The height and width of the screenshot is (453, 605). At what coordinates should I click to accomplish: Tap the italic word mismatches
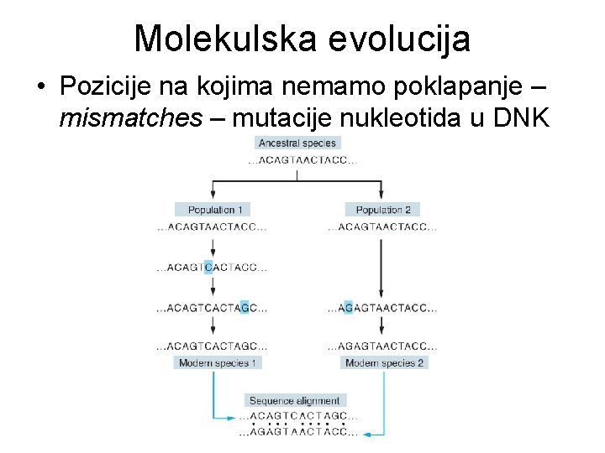pyautogui.click(x=130, y=119)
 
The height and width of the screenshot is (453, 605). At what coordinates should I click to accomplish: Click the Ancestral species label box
pyautogui.click(x=297, y=143)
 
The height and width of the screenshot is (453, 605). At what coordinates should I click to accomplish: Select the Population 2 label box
pyautogui.click(x=382, y=210)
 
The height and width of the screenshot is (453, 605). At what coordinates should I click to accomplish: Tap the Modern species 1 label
pyautogui.click(x=218, y=362)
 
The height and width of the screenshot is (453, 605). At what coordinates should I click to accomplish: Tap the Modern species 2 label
pyautogui.click(x=384, y=362)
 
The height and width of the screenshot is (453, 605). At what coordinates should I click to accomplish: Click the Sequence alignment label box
pyautogui.click(x=295, y=401)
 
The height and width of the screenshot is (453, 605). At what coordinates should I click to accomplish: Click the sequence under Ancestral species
pyautogui.click(x=297, y=160)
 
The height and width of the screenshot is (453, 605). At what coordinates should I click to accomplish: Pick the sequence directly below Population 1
pyautogui.click(x=212, y=226)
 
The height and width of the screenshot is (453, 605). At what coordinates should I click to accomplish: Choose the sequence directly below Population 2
pyautogui.click(x=382, y=226)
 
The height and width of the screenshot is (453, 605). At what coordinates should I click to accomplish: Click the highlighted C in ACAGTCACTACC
pyautogui.click(x=208, y=268)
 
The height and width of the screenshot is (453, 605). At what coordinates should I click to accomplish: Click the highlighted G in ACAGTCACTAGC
pyautogui.click(x=244, y=307)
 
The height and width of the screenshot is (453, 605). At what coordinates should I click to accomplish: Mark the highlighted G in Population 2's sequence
pyautogui.click(x=348, y=307)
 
